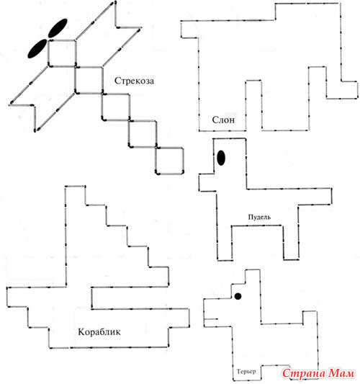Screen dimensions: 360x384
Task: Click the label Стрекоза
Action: [x=134, y=81]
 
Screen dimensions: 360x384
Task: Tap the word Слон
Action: [x=223, y=120]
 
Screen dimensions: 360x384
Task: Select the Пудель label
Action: [x=259, y=217]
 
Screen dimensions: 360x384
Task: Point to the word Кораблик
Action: [x=99, y=332]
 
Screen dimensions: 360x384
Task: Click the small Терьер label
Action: [x=246, y=372]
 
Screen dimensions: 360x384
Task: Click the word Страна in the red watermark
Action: [x=304, y=373]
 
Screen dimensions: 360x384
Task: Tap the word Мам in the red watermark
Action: [x=341, y=373]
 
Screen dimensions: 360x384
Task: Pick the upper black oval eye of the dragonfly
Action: [x=58, y=28]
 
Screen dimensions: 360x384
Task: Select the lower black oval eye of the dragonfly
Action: [x=37, y=48]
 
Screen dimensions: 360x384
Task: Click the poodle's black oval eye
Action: [x=221, y=158]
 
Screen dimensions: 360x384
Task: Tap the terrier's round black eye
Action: [x=238, y=296]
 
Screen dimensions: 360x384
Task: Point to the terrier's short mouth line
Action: [x=211, y=319]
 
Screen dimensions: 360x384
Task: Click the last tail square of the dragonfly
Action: [x=169, y=161]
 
